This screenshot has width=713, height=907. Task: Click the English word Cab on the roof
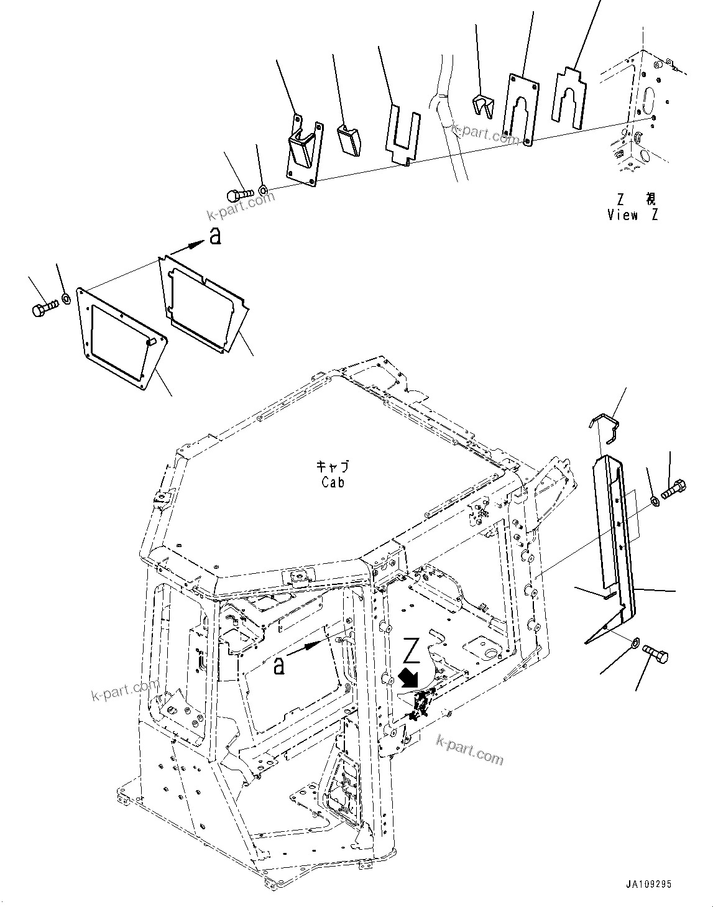pos(333,482)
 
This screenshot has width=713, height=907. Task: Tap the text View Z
pos(632,215)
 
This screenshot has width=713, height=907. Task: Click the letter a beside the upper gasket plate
pos(214,237)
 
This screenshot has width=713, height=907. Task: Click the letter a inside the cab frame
pos(280,666)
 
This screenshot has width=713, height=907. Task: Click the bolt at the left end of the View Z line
pos(239,195)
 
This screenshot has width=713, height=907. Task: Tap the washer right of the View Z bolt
pos(264,188)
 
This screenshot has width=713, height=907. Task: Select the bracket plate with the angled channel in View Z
pos(305,149)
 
